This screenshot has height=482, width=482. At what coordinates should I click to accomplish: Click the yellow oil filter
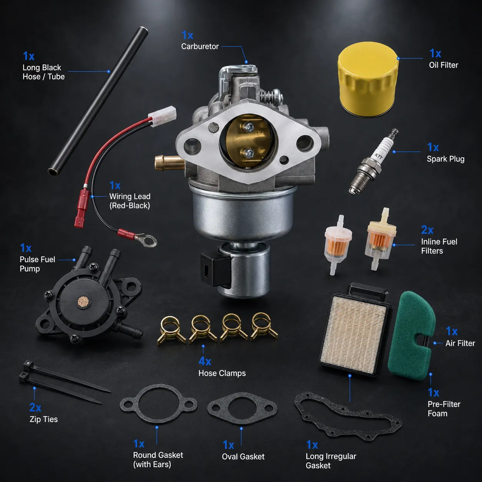[x=367, y=79]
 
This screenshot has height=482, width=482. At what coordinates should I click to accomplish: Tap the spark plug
[x=374, y=161]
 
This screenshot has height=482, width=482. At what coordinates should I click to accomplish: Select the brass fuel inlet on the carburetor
[x=169, y=163]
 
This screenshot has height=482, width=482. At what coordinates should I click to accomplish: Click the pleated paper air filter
[x=355, y=334]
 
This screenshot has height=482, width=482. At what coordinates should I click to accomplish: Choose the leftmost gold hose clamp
[x=171, y=330]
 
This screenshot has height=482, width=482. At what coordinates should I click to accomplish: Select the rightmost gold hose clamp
[x=264, y=326]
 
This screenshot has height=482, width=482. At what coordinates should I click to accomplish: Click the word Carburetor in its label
[x=200, y=47]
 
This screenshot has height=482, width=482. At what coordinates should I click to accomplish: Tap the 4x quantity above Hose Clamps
[x=204, y=361]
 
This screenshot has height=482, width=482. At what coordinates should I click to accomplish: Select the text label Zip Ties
[x=43, y=419]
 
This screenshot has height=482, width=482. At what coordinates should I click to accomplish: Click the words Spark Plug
[x=445, y=159]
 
